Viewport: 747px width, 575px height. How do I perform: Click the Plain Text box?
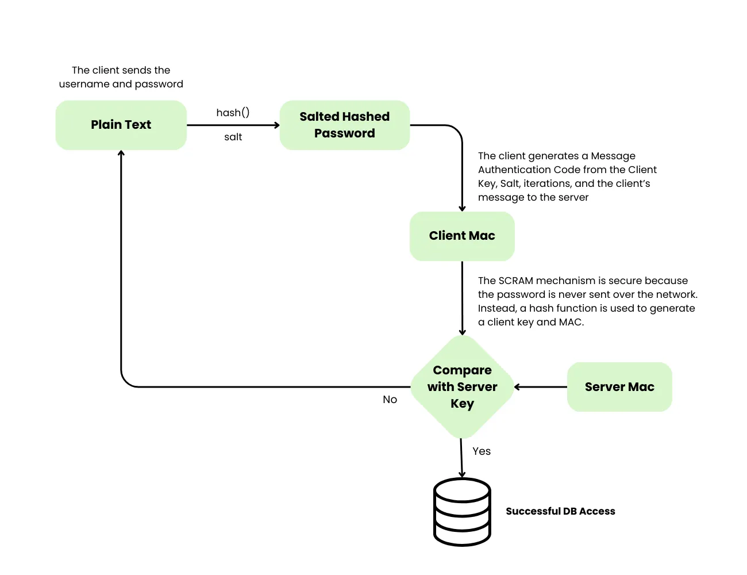click(x=121, y=125)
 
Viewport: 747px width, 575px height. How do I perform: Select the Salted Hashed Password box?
click(x=344, y=125)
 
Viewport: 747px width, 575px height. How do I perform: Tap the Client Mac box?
click(x=461, y=236)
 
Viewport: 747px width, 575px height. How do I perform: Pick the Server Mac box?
click(x=619, y=387)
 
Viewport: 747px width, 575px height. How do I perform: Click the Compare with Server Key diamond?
click(x=462, y=387)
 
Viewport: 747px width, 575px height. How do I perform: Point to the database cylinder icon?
click(x=462, y=512)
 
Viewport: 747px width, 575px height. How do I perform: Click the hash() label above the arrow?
click(x=233, y=113)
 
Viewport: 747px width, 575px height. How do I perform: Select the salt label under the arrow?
click(x=233, y=137)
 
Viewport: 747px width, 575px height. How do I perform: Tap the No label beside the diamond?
click(x=390, y=400)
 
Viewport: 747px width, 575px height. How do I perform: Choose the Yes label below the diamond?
click(x=482, y=451)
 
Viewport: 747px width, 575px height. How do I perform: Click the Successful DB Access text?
click(x=560, y=511)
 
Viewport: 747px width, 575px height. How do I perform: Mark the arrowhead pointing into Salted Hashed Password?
click(x=276, y=125)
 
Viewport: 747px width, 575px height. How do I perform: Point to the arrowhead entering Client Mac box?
click(x=462, y=208)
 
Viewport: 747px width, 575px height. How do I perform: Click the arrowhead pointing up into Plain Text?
click(x=121, y=154)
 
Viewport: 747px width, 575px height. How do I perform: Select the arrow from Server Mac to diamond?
click(x=540, y=387)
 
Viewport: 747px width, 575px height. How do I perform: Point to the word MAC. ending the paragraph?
click(x=571, y=322)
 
